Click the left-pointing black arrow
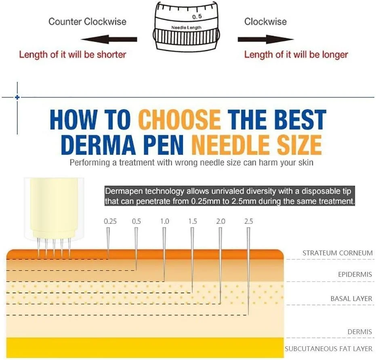click(x=109, y=39)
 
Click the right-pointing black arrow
click(x=266, y=39)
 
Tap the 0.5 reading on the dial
click(x=197, y=17)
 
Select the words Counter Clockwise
click(x=87, y=21)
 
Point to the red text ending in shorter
click(x=73, y=55)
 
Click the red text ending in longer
click(x=296, y=55)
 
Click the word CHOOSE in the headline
click(x=180, y=120)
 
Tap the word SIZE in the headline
click(x=299, y=145)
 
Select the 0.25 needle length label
click(x=110, y=221)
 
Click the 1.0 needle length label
click(x=165, y=221)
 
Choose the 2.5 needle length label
click(x=249, y=221)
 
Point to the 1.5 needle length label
click(x=193, y=221)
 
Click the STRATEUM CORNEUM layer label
click(x=337, y=253)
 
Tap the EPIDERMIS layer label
click(x=355, y=274)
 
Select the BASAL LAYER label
click(x=351, y=299)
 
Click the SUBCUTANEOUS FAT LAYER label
click(x=328, y=349)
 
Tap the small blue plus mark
click(x=17, y=97)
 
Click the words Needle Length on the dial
click(x=186, y=27)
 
